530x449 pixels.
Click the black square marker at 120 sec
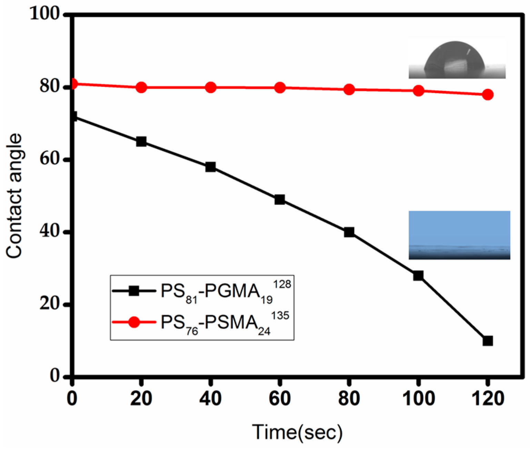click(x=487, y=341)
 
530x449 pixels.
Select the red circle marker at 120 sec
click(x=487, y=94)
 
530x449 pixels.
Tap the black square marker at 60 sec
click(x=280, y=200)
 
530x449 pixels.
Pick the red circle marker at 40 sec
click(x=210, y=88)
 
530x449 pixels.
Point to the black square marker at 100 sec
click(x=418, y=275)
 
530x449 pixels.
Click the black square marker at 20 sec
click(x=141, y=142)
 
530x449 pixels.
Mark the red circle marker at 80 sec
click(x=349, y=90)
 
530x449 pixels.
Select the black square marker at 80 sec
click(x=349, y=232)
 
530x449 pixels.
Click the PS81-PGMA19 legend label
click(x=226, y=292)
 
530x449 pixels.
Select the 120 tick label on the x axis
click(x=487, y=399)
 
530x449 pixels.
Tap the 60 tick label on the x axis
click(x=280, y=399)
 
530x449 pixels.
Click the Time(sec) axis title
click(x=297, y=432)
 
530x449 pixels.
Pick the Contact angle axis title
click(x=14, y=196)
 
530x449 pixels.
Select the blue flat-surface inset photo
click(x=459, y=235)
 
